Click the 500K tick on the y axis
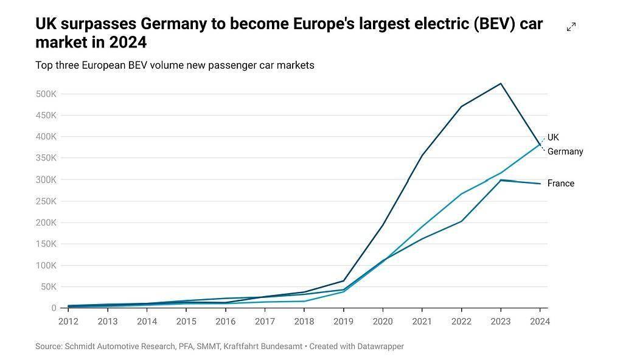[47, 94]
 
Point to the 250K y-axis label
[47, 201]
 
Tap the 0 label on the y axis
[54, 308]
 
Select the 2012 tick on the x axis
[68, 322]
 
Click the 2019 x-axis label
[343, 322]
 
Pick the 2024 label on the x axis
[540, 322]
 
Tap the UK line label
[553, 137]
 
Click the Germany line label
[565, 151]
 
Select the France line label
[560, 184]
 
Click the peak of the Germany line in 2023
[501, 83]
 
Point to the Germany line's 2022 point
[461, 106]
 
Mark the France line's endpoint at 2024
[540, 184]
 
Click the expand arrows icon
[571, 27]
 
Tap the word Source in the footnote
[49, 347]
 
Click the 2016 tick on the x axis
[225, 322]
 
